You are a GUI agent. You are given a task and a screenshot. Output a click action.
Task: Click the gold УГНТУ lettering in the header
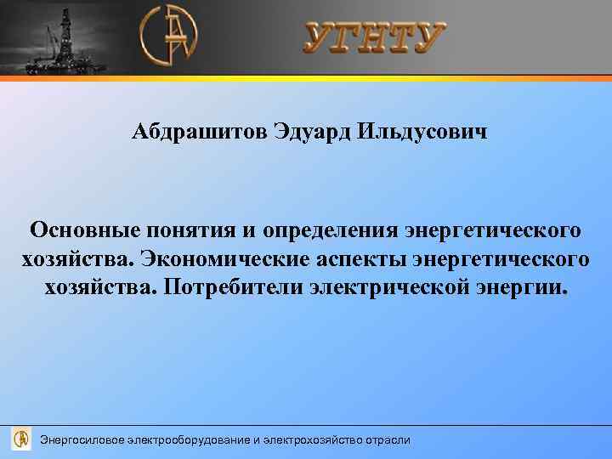coord(374,38)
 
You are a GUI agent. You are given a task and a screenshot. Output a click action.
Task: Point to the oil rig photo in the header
coord(59,38)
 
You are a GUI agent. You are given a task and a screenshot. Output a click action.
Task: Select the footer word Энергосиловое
coord(82,439)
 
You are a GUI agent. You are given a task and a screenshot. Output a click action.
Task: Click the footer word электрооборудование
coord(189,439)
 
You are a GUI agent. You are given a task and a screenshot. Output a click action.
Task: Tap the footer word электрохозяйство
coord(311,439)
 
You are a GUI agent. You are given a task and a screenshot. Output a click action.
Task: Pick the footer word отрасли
coord(388,439)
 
